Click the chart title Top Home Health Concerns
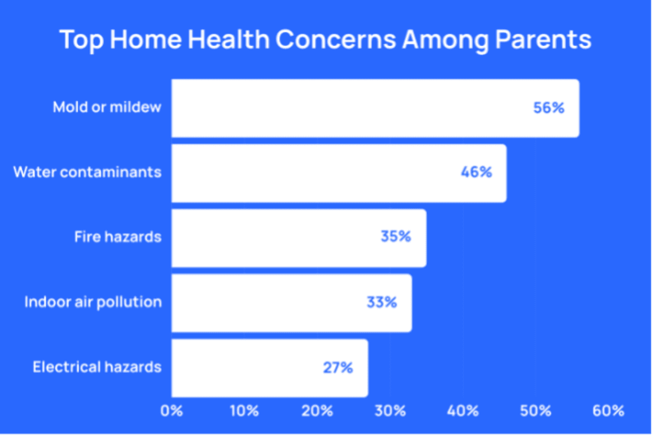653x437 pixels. [325, 40]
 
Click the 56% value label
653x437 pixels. [549, 108]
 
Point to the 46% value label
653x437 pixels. [476, 172]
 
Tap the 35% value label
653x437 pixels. [395, 237]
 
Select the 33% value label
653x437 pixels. [382, 302]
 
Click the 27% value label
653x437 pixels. [338, 368]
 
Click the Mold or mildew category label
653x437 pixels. [107, 108]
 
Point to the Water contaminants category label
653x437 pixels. [87, 172]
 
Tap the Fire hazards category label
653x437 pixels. [118, 237]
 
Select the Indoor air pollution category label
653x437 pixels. [93, 302]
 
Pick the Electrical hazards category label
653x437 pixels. [97, 367]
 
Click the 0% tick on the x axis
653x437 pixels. [172, 411]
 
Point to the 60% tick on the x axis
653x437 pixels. [609, 411]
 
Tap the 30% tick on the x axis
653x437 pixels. [390, 411]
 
